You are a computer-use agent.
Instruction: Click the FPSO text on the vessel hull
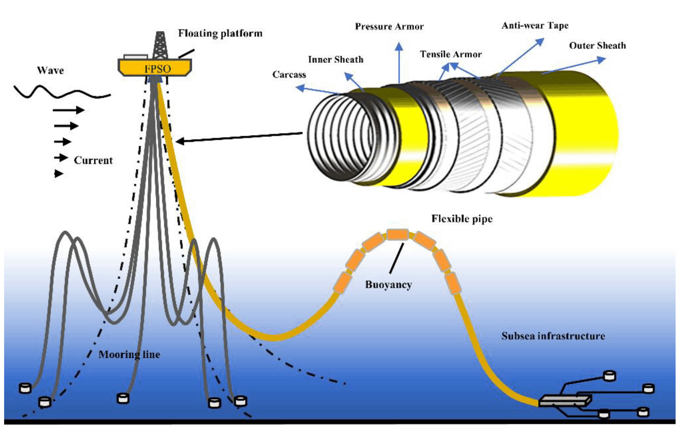pyautogui.click(x=157, y=69)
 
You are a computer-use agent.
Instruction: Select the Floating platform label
pyautogui.click(x=220, y=33)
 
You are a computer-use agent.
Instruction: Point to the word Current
pyautogui.click(x=93, y=161)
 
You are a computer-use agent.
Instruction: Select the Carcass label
pyautogui.click(x=289, y=75)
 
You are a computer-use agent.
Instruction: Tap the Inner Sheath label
pyautogui.click(x=336, y=60)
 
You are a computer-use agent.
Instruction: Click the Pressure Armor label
pyautogui.click(x=389, y=27)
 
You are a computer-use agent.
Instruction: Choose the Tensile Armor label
pyautogui.click(x=451, y=54)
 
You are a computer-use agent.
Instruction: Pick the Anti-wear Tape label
pyautogui.click(x=535, y=26)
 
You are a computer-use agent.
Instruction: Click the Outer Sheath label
pyautogui.click(x=597, y=46)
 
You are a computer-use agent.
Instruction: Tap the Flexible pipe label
pyautogui.click(x=462, y=219)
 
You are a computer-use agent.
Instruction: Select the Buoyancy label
pyautogui.click(x=388, y=285)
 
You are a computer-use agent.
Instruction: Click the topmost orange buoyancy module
pyautogui.click(x=397, y=234)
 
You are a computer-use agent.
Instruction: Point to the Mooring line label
pyautogui.click(x=129, y=354)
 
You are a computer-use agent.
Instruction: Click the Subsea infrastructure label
pyautogui.click(x=553, y=336)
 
